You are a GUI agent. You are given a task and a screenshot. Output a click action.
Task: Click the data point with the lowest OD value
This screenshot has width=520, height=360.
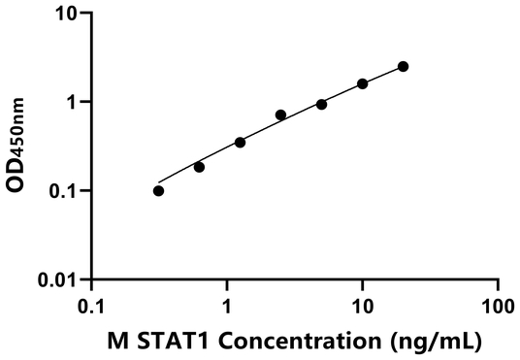158,190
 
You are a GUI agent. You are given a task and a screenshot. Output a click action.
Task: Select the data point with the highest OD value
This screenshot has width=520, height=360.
404,66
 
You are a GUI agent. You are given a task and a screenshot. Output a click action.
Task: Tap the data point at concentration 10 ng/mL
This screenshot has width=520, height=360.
363,83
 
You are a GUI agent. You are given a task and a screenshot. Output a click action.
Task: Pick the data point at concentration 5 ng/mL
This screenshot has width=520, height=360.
321,104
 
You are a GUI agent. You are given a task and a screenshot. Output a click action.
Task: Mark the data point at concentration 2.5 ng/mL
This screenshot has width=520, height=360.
280,115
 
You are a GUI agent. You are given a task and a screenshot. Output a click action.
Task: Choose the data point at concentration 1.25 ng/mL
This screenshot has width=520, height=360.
240,143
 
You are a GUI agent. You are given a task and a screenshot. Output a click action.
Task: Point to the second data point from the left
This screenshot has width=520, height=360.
199,167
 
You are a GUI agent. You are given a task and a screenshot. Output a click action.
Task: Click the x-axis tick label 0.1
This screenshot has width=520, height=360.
91,305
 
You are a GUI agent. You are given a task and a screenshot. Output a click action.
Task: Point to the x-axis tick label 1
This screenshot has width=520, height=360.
227,305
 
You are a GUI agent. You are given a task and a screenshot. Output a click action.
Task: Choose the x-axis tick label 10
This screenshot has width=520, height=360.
362,305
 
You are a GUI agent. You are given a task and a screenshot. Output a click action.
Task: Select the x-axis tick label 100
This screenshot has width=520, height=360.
497,305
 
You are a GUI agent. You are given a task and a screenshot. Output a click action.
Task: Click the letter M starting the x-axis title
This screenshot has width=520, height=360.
115,341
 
